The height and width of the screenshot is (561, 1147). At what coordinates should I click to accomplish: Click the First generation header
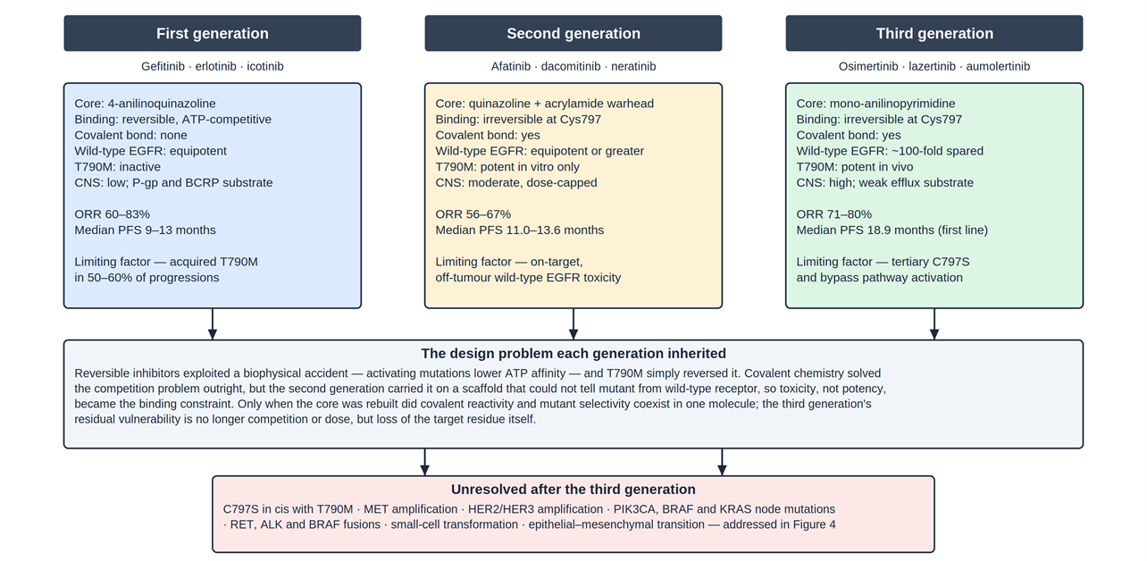213,33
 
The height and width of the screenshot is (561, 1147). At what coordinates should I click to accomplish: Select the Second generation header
573,33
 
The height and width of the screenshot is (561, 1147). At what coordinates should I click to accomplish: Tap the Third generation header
934,33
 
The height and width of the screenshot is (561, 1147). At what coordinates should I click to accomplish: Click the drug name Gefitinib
163,66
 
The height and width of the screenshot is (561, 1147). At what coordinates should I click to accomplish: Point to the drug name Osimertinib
868,66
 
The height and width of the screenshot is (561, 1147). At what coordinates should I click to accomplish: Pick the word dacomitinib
571,66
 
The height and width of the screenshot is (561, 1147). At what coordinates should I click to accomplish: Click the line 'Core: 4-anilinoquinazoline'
145,104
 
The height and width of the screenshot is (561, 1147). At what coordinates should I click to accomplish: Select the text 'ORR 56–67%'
473,214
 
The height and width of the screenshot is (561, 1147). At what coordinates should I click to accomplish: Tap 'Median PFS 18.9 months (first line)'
892,230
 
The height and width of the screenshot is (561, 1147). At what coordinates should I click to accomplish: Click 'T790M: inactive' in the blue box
117,167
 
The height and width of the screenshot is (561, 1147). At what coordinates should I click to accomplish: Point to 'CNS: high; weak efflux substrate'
885,183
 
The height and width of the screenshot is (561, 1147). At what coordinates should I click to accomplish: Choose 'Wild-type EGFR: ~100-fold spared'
890,151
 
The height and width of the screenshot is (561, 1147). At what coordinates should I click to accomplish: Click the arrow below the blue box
213,324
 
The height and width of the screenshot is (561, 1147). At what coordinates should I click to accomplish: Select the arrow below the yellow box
573,324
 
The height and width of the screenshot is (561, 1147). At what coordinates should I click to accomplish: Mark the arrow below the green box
934,324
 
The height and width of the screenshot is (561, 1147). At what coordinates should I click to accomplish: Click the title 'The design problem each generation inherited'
573,354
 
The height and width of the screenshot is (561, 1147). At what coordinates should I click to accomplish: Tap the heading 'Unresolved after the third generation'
573,490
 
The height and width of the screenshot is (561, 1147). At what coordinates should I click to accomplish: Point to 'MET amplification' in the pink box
411,509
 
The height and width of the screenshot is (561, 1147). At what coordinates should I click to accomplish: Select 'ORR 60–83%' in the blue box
113,214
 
